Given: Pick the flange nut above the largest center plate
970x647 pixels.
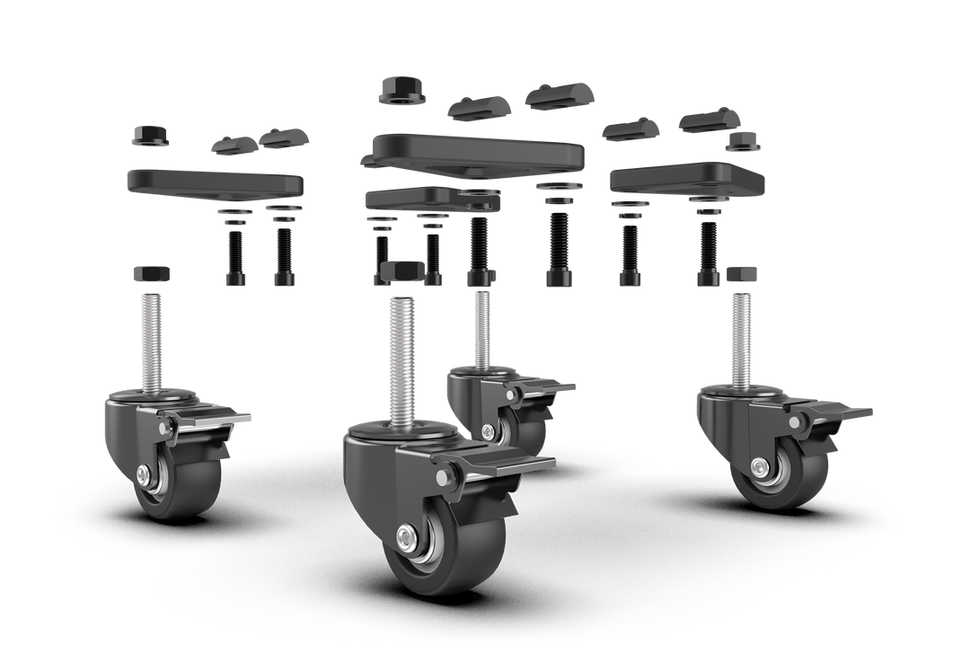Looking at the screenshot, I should tap(401, 90).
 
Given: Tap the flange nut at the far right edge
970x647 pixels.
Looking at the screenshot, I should tap(745, 141).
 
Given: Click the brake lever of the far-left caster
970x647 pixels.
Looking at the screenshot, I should tap(211, 418).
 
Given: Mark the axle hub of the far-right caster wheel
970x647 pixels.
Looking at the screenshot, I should tap(760, 466).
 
